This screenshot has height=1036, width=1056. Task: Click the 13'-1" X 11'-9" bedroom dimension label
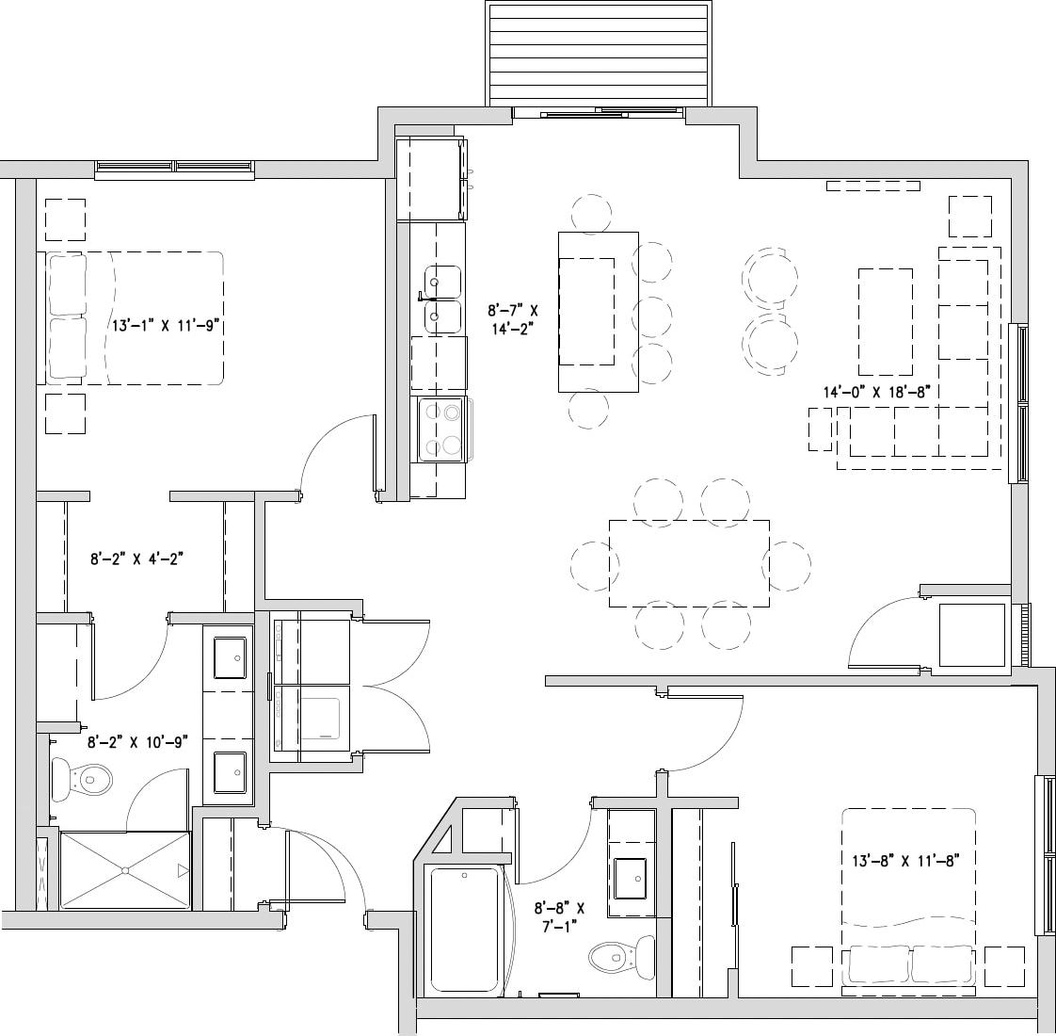click(165, 326)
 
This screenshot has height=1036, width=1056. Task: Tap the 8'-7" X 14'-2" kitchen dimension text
click(513, 318)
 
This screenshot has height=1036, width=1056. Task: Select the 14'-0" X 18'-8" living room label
click(876, 392)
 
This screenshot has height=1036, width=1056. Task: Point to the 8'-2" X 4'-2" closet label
click(136, 558)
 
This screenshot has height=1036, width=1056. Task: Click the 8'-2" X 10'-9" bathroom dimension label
click(137, 741)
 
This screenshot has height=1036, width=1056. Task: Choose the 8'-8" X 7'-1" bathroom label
click(559, 917)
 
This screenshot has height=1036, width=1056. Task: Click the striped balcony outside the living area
click(597, 55)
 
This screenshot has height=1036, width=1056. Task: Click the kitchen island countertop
click(599, 311)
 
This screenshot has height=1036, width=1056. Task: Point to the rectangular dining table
click(689, 563)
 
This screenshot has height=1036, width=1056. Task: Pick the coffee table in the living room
click(885, 322)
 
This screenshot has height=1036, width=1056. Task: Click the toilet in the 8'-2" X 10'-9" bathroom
click(84, 779)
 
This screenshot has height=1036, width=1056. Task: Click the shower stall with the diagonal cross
click(125, 870)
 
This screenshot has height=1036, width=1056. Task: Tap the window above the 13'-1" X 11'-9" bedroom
click(175, 169)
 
